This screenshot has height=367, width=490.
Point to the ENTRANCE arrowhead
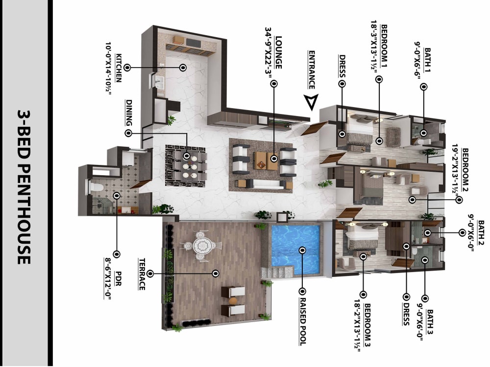[x=310, y=102]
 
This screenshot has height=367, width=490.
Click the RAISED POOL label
[x=302, y=321]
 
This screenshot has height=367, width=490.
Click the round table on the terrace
[x=201, y=245]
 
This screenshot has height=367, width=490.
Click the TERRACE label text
[x=141, y=274]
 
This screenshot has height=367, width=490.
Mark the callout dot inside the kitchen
[x=182, y=68]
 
